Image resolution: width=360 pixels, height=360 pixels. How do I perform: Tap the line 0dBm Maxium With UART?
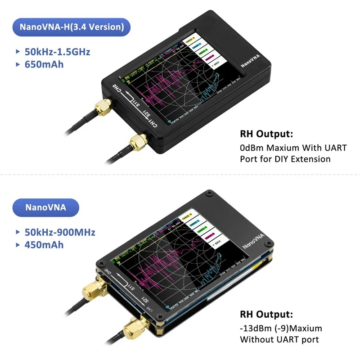293,148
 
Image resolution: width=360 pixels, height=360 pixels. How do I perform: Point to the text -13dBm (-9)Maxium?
280,328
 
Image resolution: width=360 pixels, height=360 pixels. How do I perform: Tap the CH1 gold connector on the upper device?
136,144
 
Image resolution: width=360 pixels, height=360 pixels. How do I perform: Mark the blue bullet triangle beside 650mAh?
17,64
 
